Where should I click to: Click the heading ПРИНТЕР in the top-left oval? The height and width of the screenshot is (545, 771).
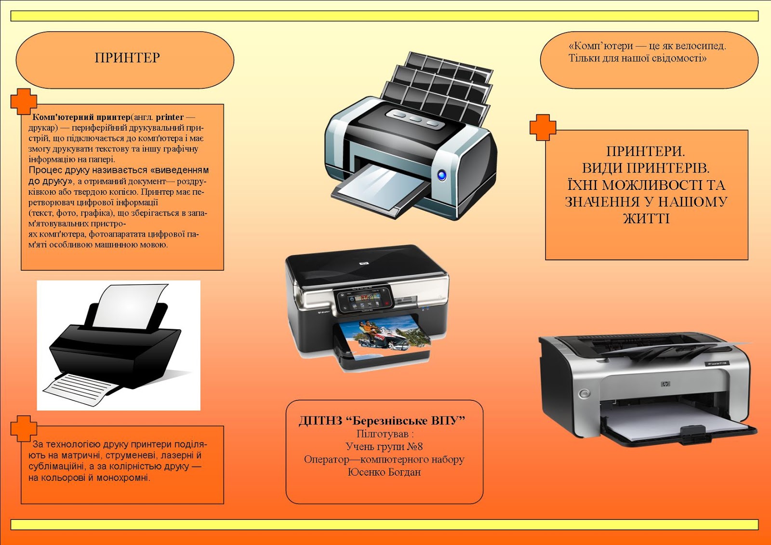pyautogui.click(x=127, y=58)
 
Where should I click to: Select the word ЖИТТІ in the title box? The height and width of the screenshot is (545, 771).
pyautogui.click(x=646, y=219)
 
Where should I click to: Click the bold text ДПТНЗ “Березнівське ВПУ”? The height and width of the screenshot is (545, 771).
pyautogui.click(x=382, y=421)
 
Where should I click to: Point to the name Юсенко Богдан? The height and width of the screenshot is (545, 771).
pyautogui.click(x=384, y=472)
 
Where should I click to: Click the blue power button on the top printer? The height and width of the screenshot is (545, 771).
pyautogui.click(x=441, y=175)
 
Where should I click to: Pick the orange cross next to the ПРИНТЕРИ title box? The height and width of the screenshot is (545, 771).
pyautogui.click(x=543, y=127)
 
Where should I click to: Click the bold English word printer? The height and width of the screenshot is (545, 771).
pyautogui.click(x=170, y=117)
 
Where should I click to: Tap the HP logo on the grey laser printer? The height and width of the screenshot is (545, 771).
pyautogui.click(x=665, y=384)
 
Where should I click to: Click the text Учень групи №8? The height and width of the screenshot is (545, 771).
pyautogui.click(x=384, y=447)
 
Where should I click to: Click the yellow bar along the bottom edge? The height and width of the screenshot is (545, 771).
pyautogui.click(x=384, y=525)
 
